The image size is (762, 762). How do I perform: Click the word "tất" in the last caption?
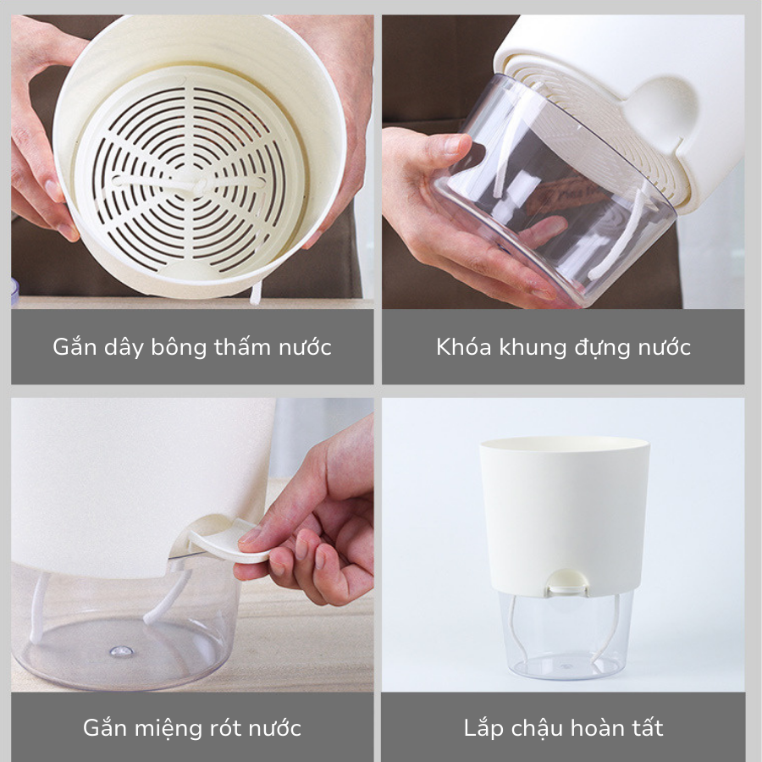point(647,727)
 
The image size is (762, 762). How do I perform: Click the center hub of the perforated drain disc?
point(200,185)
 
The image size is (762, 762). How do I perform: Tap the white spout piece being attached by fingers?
point(224,540)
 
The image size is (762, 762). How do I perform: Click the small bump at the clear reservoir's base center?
point(121,651)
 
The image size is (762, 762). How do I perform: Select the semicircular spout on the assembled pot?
point(567,583)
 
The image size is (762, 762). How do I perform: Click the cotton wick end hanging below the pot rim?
point(255,294)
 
